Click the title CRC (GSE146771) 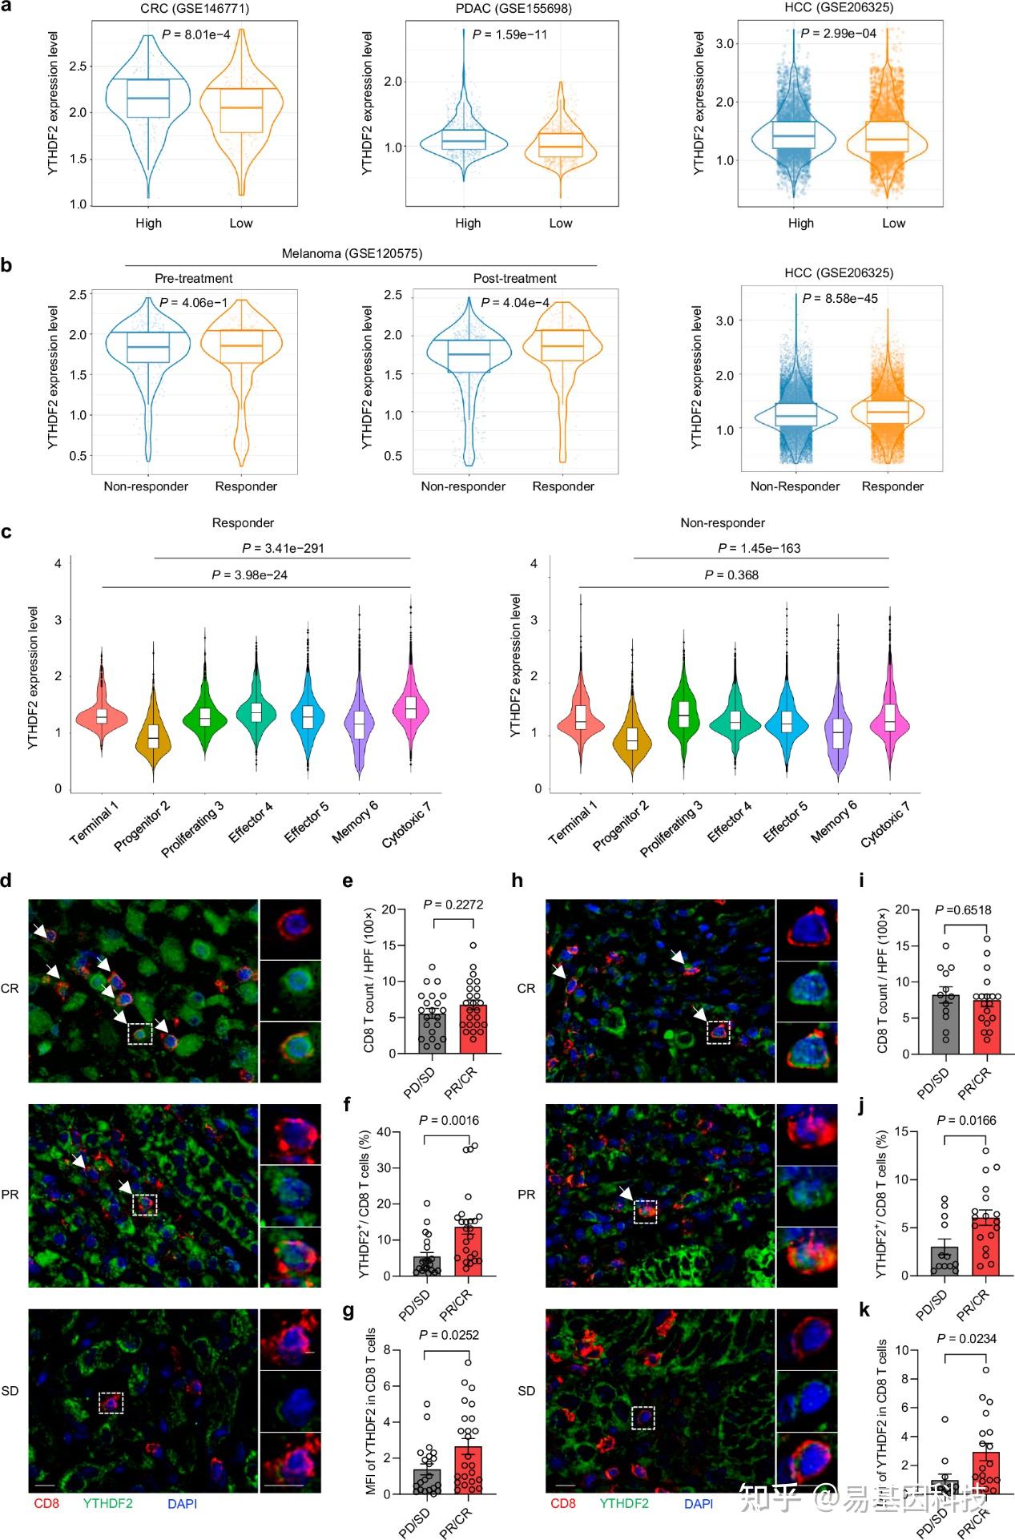click(194, 8)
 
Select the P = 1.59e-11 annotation click(510, 34)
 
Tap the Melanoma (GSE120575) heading click(352, 253)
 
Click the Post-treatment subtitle click(514, 278)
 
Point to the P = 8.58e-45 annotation click(840, 298)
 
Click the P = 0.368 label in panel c click(731, 574)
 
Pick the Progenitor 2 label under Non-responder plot click(621, 825)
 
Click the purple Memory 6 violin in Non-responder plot click(838, 733)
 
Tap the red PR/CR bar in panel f click(468, 1250)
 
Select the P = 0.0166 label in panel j click(966, 1120)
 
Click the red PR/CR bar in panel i click(986, 1026)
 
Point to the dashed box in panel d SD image click(111, 1402)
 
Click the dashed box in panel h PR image click(645, 1211)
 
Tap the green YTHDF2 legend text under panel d click(107, 1503)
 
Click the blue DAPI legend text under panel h click(699, 1503)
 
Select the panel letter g click(348, 1311)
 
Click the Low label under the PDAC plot click(560, 223)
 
